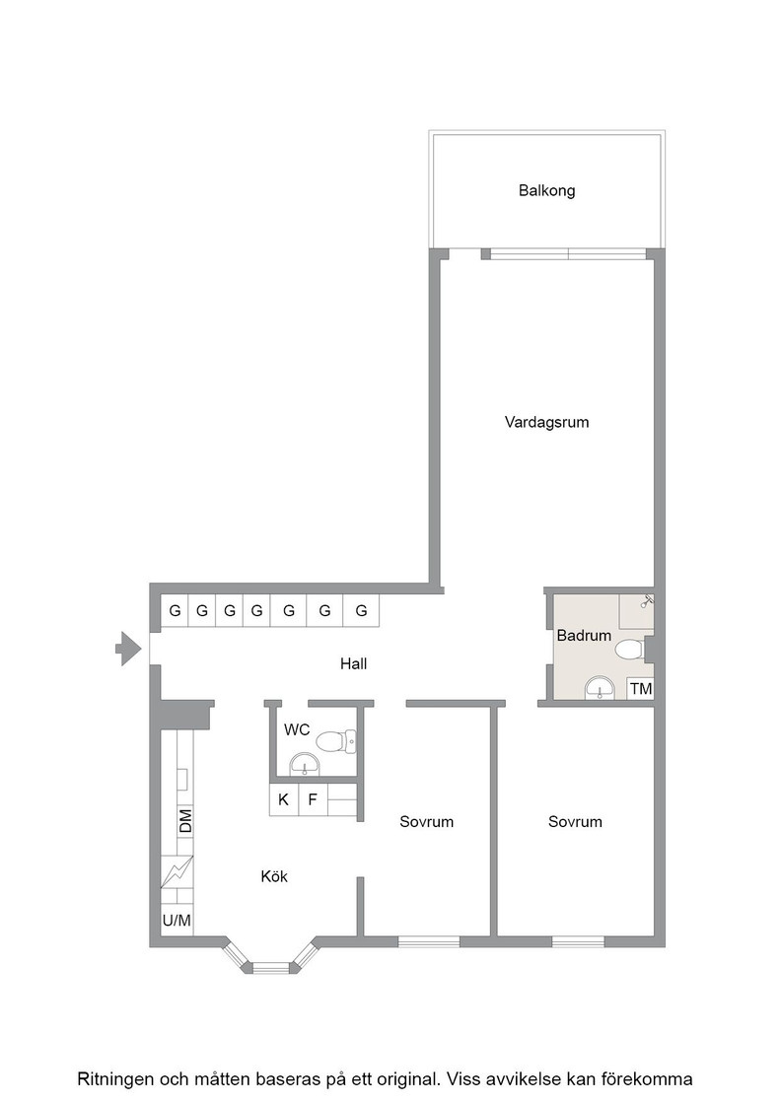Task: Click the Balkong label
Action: click(546, 191)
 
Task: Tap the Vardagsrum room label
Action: click(546, 423)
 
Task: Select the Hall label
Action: click(354, 663)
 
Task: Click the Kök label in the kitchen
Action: click(274, 876)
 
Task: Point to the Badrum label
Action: click(584, 636)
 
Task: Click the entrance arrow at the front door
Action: click(128, 649)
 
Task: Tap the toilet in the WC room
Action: click(336, 740)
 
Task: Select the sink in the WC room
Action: click(305, 764)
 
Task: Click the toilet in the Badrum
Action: click(629, 649)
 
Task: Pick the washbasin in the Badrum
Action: click(600, 688)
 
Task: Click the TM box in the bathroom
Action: click(641, 689)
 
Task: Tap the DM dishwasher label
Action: click(184, 821)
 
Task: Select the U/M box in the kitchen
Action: click(177, 921)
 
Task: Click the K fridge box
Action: click(284, 800)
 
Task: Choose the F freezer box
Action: click(314, 800)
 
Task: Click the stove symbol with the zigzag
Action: click(177, 871)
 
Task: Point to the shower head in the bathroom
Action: click(647, 600)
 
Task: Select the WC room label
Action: click(297, 730)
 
